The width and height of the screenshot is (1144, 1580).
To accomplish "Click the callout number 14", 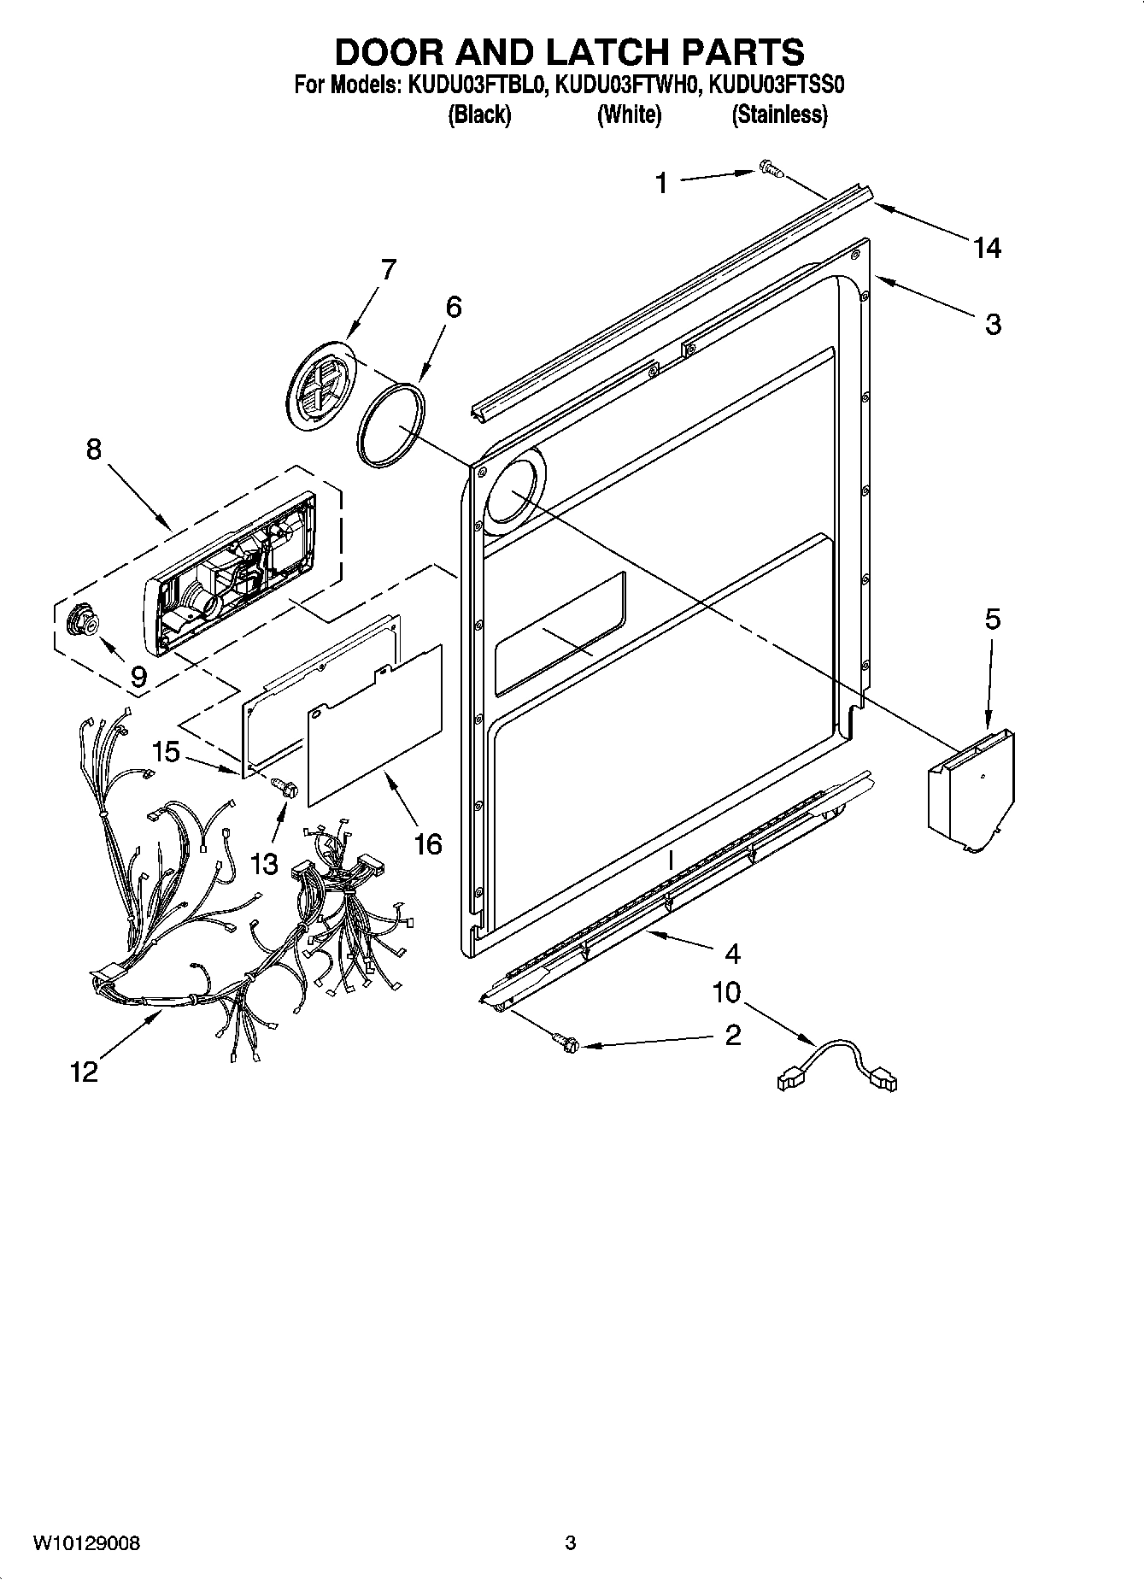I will click(x=987, y=249).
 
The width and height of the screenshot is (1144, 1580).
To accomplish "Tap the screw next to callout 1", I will click(x=768, y=170).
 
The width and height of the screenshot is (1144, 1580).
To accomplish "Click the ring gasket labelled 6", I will click(x=391, y=425).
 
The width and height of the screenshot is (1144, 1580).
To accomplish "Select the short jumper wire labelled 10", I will click(x=837, y=1065).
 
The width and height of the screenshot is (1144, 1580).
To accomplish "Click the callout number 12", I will click(x=85, y=1072).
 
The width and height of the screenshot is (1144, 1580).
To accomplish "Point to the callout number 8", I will click(x=94, y=449).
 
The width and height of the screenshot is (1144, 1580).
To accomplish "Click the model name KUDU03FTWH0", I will click(x=629, y=85).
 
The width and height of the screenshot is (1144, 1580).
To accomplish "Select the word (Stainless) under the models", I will click(x=779, y=115).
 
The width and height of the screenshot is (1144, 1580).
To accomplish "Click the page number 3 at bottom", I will click(x=571, y=1543).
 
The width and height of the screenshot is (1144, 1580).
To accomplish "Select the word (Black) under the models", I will click(x=479, y=115).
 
